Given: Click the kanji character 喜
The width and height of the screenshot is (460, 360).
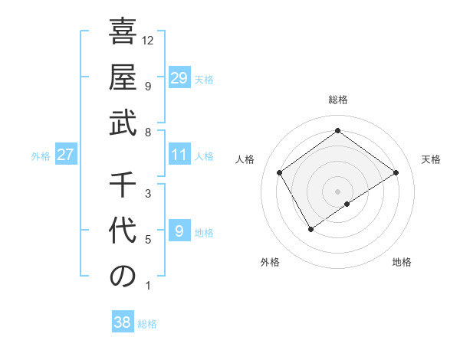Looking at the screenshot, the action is (x=123, y=33).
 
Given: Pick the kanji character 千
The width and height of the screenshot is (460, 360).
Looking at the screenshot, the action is (x=123, y=186).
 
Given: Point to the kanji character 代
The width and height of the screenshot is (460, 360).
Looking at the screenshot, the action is (x=123, y=231).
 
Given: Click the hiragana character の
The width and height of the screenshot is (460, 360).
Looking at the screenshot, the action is (x=123, y=277).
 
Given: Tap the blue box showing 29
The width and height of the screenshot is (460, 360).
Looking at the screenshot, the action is (x=179, y=78).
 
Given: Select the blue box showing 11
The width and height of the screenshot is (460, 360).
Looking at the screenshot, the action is (x=179, y=155).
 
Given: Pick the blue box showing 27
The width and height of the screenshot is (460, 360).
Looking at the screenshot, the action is (x=65, y=155).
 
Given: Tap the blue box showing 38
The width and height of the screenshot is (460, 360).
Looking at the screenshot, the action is (x=122, y=322).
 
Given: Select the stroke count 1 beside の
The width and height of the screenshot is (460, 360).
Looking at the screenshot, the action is (x=148, y=286).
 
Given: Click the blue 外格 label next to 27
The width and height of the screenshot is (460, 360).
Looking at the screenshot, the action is (x=41, y=156).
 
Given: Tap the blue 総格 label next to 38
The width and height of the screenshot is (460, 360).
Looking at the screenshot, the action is (x=147, y=324).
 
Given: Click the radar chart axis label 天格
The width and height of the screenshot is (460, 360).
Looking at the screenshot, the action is (x=431, y=159).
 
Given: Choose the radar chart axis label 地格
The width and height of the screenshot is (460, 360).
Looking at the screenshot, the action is (x=402, y=262).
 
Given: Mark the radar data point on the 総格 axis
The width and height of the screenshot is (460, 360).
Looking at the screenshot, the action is (x=337, y=131).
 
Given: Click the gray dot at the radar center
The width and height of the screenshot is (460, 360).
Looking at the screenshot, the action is (x=337, y=190).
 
